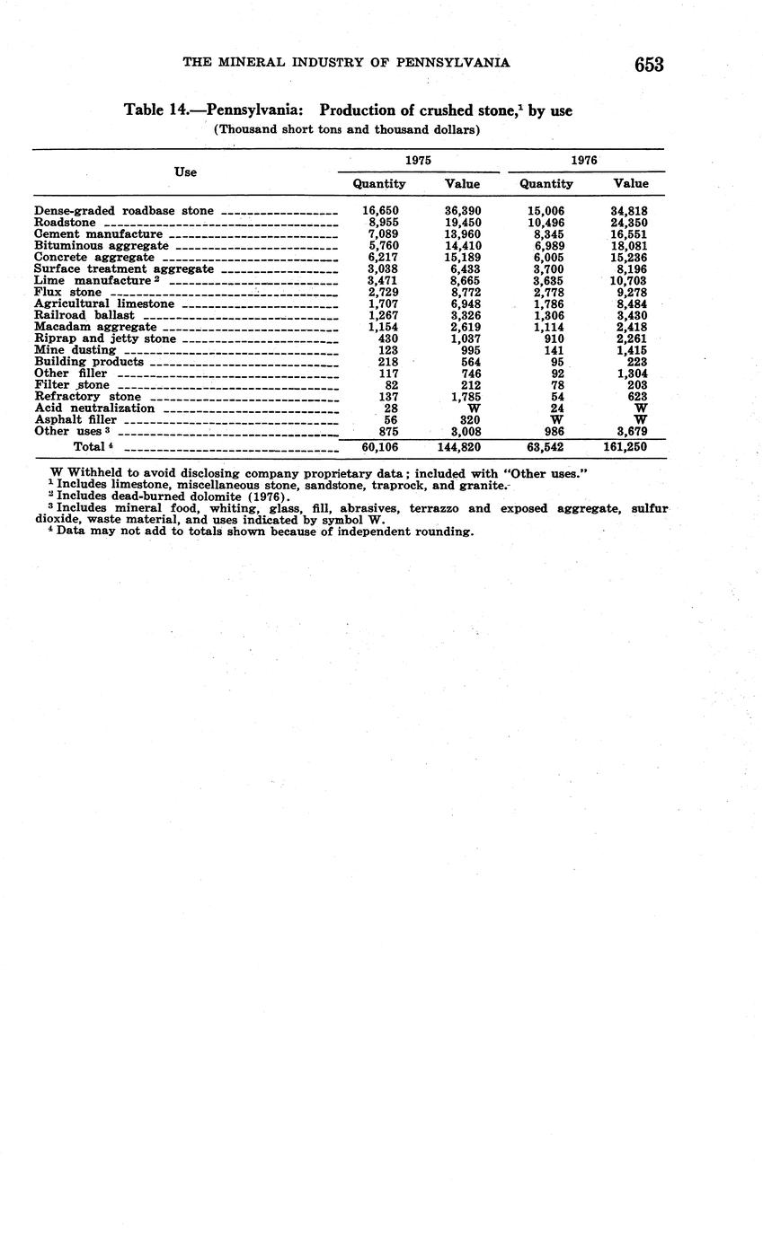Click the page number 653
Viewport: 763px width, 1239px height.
pos(648,64)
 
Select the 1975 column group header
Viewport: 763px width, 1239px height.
pos(417,160)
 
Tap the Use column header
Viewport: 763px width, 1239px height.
pos(185,171)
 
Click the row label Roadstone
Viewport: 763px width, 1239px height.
pos(65,222)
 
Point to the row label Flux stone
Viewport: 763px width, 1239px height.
pos(67,292)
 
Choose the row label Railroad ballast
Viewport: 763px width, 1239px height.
pos(84,315)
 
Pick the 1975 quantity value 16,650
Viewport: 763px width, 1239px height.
pos(380,210)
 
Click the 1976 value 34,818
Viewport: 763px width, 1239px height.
pos(629,210)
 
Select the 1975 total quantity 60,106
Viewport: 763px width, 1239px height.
pos(379,446)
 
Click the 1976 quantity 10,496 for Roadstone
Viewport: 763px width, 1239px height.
pos(546,222)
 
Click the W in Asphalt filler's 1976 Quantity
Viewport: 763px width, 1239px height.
pos(557,419)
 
